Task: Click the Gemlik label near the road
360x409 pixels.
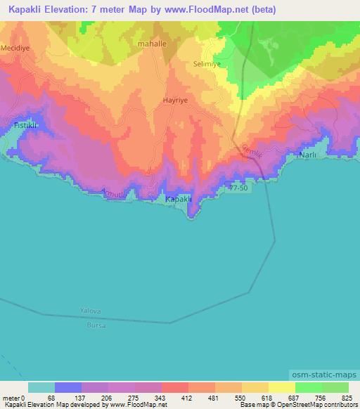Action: (251, 150)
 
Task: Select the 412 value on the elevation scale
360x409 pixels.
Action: (188, 398)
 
